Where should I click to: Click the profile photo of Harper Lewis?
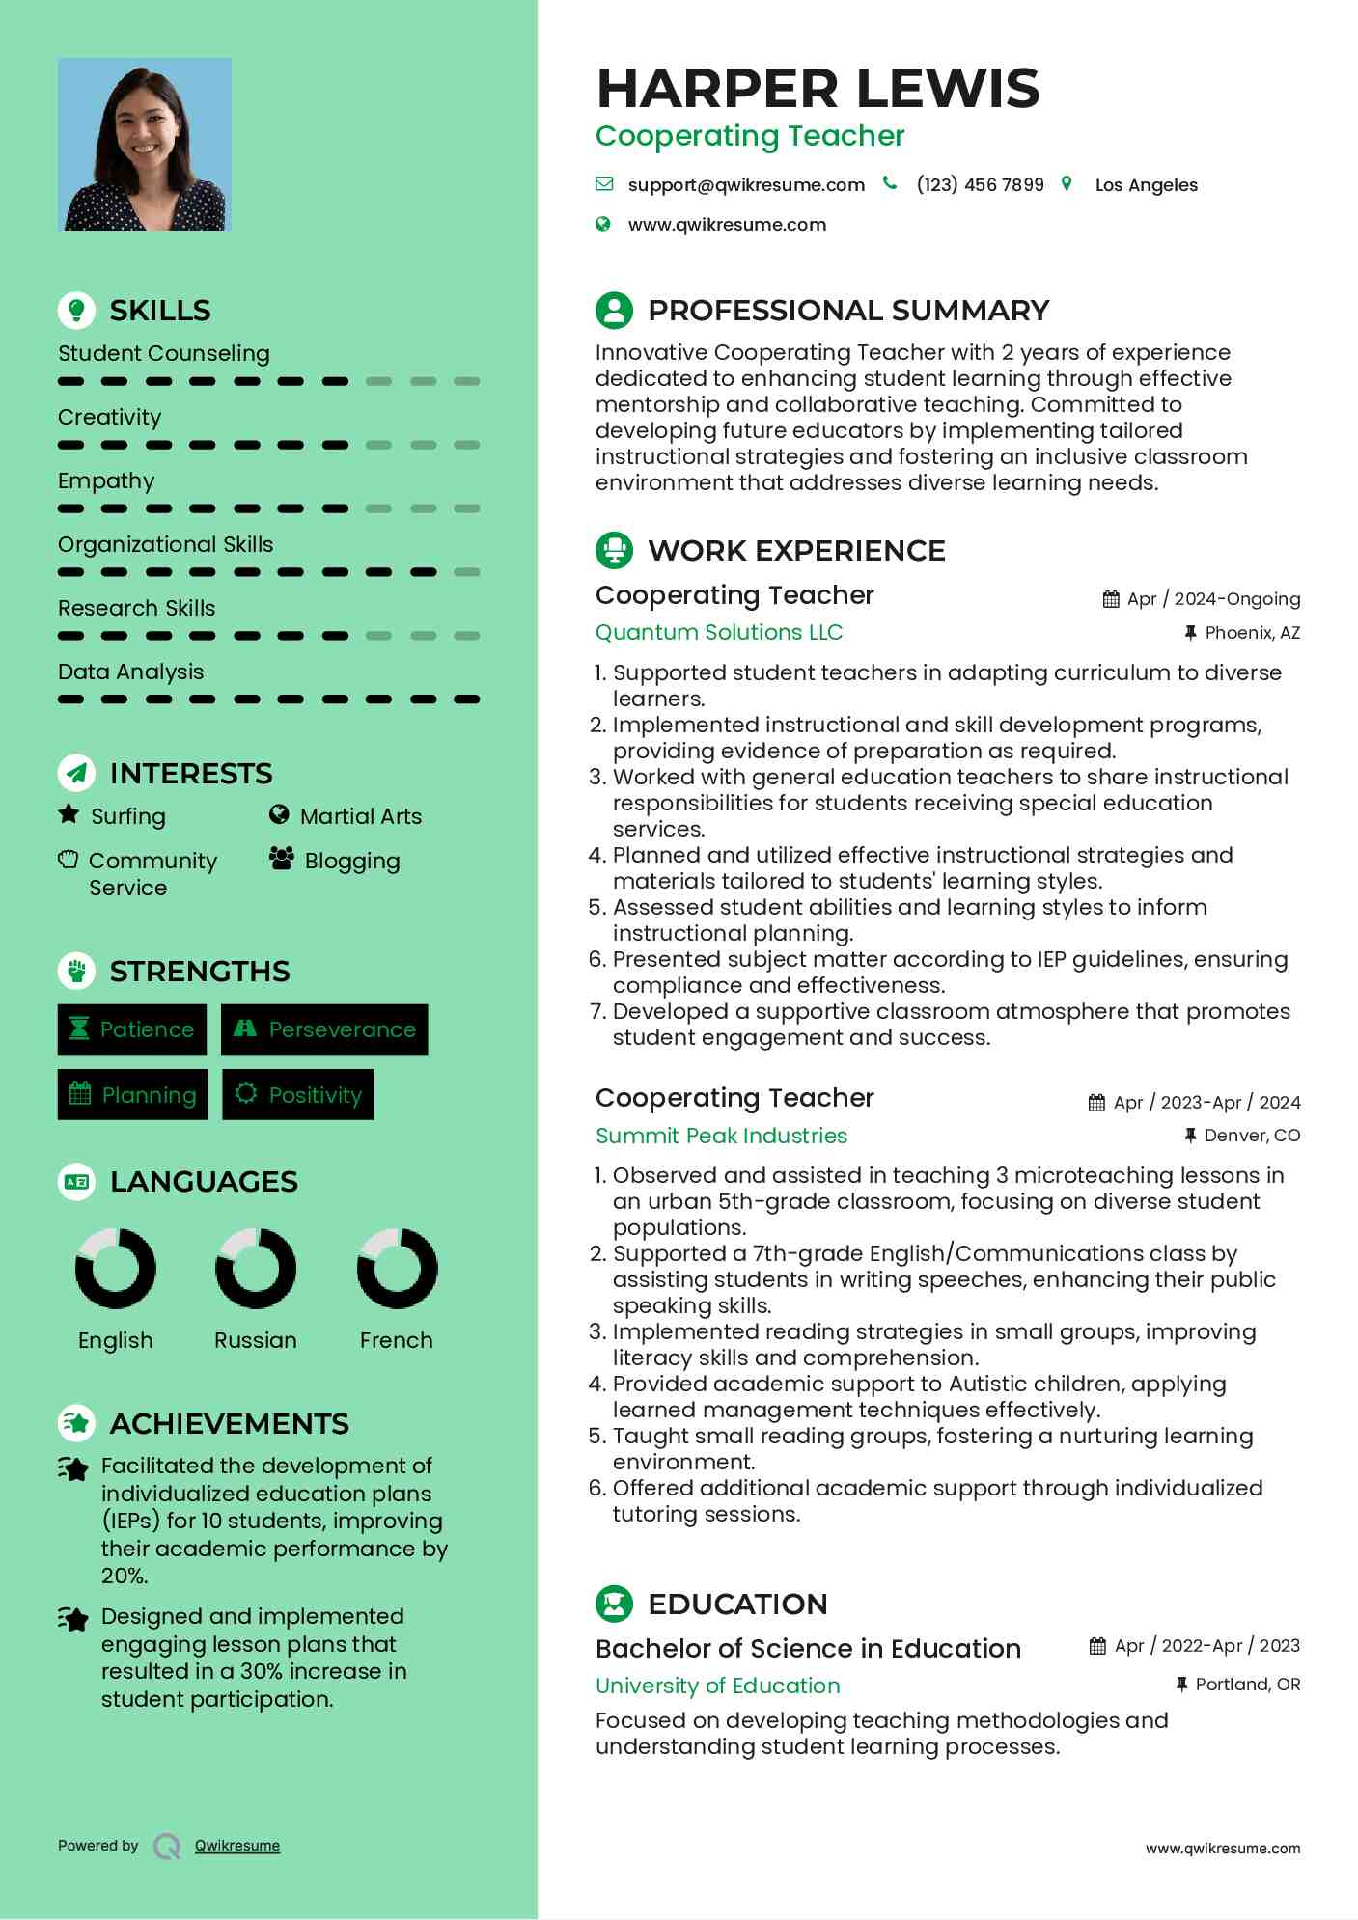[145, 145]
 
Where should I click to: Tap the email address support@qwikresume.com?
[745, 185]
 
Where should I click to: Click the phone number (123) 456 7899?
[980, 185]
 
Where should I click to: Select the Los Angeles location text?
[1146, 185]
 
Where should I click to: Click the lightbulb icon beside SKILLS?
[76, 311]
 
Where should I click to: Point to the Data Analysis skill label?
[131, 672]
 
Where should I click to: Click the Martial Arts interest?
[360, 817]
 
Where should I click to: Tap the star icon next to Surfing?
[69, 814]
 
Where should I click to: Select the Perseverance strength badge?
[324, 1029]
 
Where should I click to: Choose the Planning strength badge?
[133, 1095]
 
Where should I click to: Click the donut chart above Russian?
[256, 1269]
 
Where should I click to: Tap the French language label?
[396, 1341]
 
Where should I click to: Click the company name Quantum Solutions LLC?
[719, 633]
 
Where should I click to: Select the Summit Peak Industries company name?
[721, 1137]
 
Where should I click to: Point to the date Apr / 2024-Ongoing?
[1213, 599]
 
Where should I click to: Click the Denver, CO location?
[1252, 1136]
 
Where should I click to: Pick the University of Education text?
[717, 1686]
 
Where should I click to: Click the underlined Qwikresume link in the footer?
[237, 1846]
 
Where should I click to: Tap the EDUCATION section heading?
[737, 1605]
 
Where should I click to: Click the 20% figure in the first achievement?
[124, 1576]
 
